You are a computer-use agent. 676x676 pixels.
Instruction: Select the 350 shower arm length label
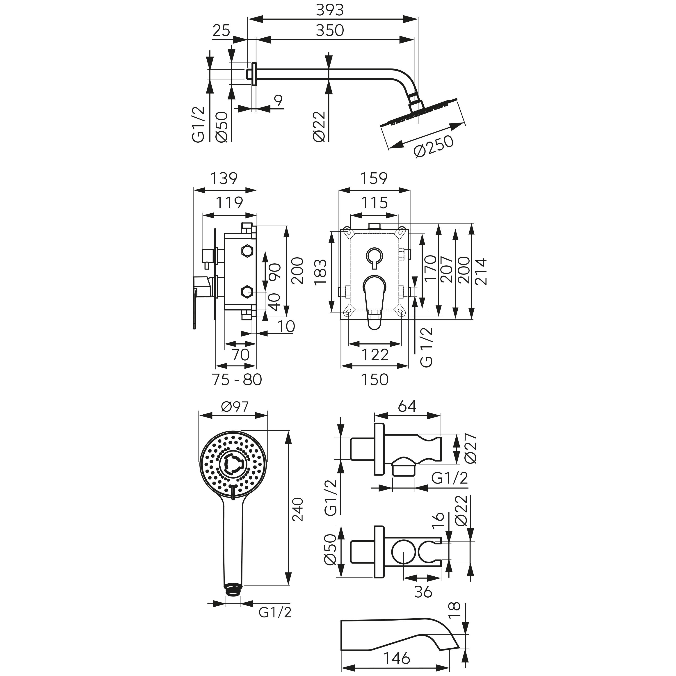(330, 30)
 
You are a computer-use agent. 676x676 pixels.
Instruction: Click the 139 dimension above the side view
(224, 178)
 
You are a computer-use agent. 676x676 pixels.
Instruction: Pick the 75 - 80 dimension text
(237, 380)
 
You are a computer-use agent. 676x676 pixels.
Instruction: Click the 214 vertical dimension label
(481, 272)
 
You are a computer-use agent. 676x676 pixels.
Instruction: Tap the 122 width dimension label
(375, 355)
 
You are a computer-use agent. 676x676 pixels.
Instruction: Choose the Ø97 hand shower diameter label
(235, 407)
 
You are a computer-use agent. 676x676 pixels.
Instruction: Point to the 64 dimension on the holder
(407, 406)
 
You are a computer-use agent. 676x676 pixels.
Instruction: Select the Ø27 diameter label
(471, 448)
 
